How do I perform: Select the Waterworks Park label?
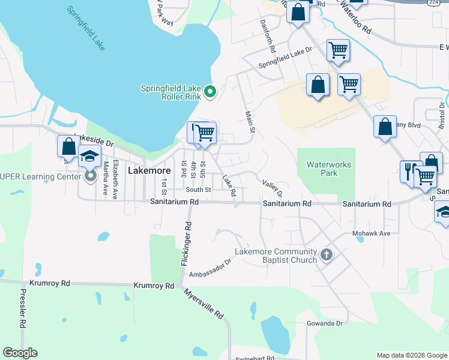pos(328,169)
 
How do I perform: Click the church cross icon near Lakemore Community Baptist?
pos(327,255)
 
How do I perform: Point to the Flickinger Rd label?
pos(187,244)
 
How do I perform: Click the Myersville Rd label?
pos(204,304)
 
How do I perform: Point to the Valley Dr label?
pos(271,188)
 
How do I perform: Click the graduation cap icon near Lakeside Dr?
pos(90,157)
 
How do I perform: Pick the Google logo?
pos(20,353)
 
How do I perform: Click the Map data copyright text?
pos(411,355)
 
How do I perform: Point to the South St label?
pos(198,190)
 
